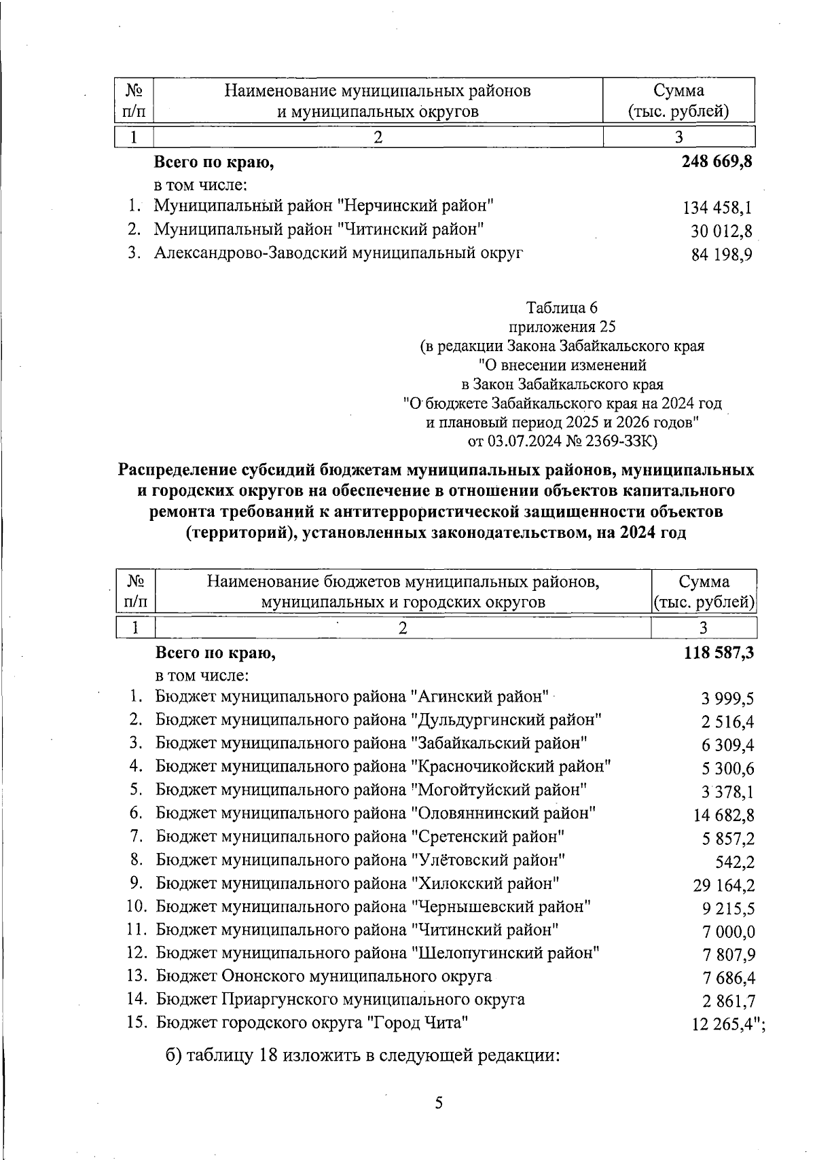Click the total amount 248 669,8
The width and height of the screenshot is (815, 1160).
(717, 162)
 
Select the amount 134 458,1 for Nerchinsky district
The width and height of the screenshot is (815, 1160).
(717, 208)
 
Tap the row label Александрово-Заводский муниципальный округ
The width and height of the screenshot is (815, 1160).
(338, 253)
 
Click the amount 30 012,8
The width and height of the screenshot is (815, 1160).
(721, 232)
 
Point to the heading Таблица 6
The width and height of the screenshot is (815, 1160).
(561, 307)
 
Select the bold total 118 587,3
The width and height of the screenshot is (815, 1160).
(719, 653)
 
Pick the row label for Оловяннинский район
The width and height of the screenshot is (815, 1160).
(376, 813)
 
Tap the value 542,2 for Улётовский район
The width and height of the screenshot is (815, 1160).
(735, 862)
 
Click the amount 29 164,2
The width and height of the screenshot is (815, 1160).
(723, 885)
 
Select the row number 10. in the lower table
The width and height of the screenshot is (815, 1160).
(137, 906)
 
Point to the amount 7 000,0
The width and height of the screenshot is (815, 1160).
(729, 932)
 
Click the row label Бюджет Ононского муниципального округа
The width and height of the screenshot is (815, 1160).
(324, 977)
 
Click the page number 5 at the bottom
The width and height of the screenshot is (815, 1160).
(439, 1102)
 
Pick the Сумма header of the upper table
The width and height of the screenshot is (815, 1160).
(678, 91)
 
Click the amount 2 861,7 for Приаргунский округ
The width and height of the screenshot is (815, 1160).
(729, 1001)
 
